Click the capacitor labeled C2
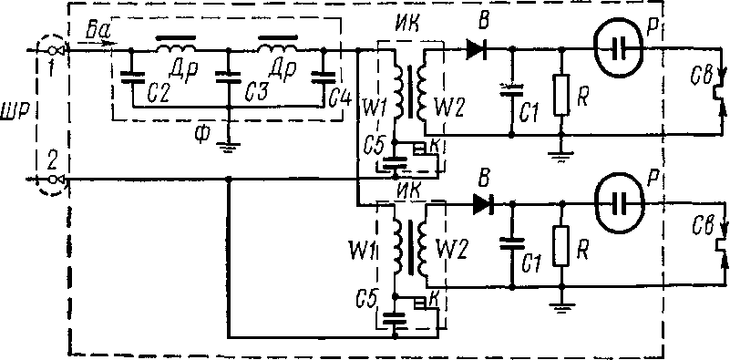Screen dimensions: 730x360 click(131, 77)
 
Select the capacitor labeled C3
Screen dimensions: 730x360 click(228, 77)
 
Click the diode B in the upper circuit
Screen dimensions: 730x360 click(477, 48)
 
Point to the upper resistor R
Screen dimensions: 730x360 click(562, 95)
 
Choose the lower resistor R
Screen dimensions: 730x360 click(562, 246)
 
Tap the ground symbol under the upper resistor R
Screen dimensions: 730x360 click(562, 153)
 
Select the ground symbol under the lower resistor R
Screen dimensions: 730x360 click(562, 308)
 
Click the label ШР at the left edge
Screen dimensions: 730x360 click(15, 115)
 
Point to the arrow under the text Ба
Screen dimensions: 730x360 click(95, 41)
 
